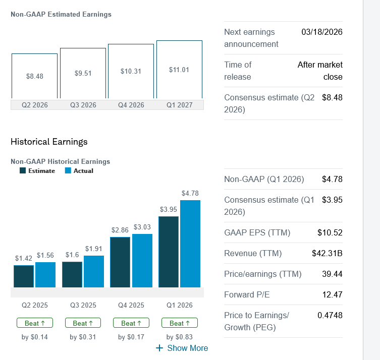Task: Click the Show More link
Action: [x=182, y=348]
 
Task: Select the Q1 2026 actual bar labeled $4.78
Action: [x=190, y=244]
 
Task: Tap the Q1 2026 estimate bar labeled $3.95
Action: [x=168, y=252]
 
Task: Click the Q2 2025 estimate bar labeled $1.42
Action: [x=23, y=276]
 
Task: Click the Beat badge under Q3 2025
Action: [x=83, y=323]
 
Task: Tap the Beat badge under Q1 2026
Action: [x=179, y=323]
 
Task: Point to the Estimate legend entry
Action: [x=37, y=170]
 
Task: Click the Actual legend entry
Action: [x=79, y=170]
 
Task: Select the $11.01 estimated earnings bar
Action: [x=179, y=70]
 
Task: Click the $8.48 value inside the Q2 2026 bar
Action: [x=34, y=76]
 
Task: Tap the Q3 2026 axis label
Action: [x=83, y=105]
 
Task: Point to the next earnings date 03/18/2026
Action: [x=321, y=32]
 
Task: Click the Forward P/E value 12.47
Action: [x=332, y=294]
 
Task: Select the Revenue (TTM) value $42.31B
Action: [x=327, y=253]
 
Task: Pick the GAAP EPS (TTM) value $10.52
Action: [x=330, y=232]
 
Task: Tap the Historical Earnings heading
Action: [x=49, y=142]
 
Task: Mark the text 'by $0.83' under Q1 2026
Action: [x=179, y=337]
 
